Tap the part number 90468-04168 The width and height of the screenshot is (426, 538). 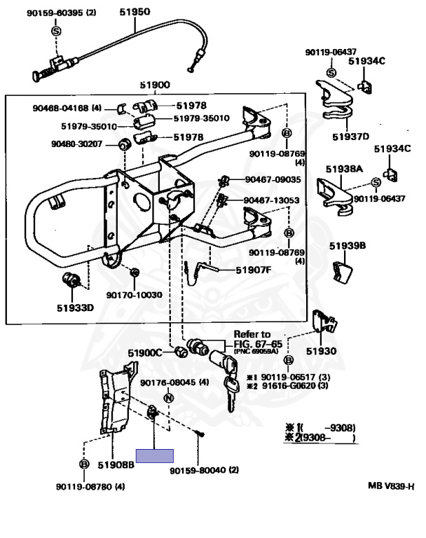pos(61,108)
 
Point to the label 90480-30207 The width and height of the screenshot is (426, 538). pos(76,144)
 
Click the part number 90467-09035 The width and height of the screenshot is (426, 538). pos(273,179)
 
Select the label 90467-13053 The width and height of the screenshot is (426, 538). pos(272,200)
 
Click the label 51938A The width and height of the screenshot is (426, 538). pos(344,168)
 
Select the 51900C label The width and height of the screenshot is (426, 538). pos(144,352)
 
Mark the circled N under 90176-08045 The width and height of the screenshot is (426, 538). pos(168,398)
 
